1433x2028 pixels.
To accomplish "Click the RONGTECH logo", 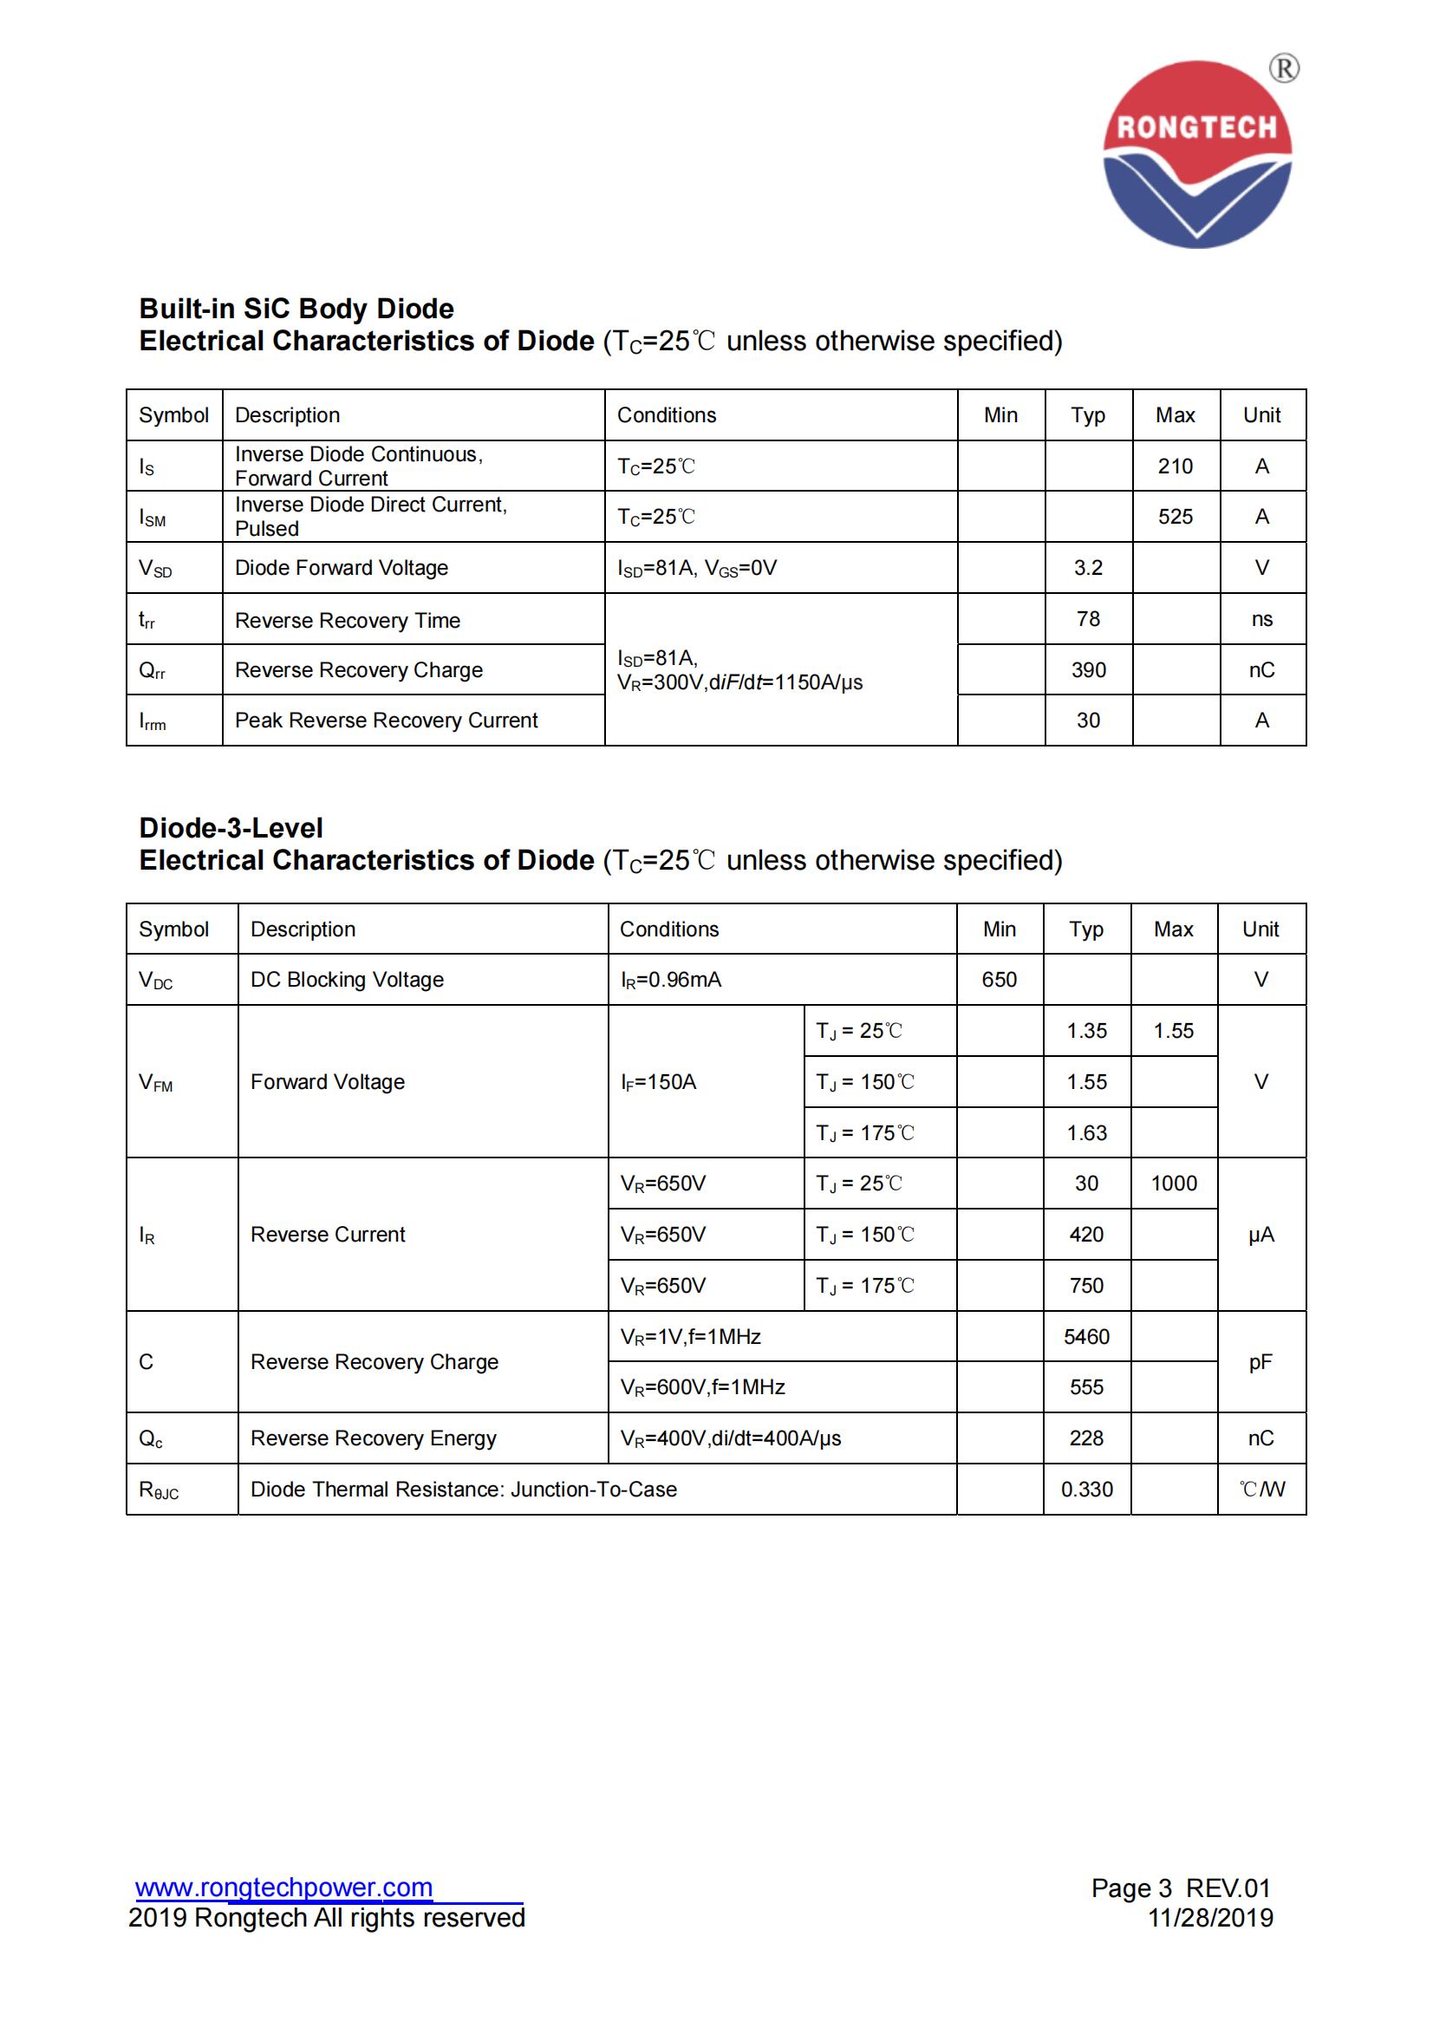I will [x=1196, y=154].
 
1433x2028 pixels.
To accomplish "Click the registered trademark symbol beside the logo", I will [x=1284, y=68].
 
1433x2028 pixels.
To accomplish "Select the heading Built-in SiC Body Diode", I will [x=296, y=309].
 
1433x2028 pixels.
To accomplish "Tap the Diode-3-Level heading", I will [x=231, y=828].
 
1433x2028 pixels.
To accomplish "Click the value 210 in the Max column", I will [x=1176, y=466].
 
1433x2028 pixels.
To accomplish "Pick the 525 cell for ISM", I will [x=1176, y=517].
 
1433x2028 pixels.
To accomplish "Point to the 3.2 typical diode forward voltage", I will [x=1088, y=568].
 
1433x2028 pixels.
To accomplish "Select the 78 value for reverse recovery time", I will [x=1088, y=619].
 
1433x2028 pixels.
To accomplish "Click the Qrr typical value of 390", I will [x=1088, y=670].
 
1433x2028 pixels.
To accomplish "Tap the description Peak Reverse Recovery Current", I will [x=386, y=721].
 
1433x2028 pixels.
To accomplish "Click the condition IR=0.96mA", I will [x=670, y=980].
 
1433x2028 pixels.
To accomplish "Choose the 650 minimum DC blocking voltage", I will [x=999, y=980].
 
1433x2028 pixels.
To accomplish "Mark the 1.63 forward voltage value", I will [x=1086, y=1133].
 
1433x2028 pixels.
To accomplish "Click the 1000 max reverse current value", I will [x=1174, y=1184].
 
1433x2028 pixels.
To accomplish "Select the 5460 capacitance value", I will [x=1086, y=1336].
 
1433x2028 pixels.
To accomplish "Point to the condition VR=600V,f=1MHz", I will [x=703, y=1387].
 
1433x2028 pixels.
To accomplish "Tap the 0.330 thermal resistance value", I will [x=1086, y=1490].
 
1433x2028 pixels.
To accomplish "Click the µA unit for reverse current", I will [x=1260, y=1235].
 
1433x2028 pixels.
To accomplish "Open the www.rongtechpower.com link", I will [x=283, y=1888].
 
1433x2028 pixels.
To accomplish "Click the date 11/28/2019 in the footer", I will [x=1209, y=1918].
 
